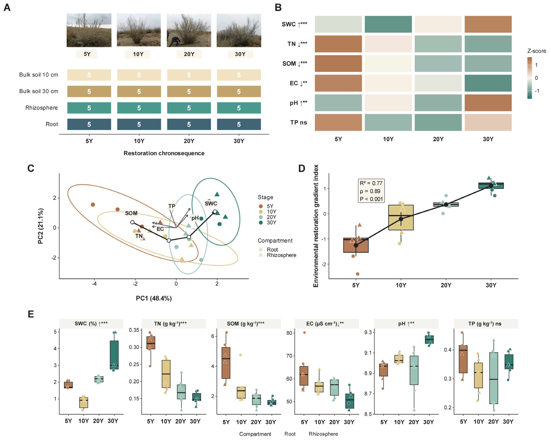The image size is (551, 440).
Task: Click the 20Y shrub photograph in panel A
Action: pos(189,30)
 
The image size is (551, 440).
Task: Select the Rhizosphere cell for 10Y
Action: pos(139,108)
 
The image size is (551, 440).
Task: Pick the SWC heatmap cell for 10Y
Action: pos(388,24)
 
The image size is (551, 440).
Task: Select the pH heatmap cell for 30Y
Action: pos(488,103)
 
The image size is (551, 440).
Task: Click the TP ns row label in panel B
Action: pos(299,123)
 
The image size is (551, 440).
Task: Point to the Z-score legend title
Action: pos(537,51)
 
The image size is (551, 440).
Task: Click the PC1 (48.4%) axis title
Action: pos(154,298)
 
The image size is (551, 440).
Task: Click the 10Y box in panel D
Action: pos(401,218)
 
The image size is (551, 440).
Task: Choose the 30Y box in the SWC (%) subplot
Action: pos(114,355)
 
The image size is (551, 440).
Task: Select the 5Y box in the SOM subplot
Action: pos(226,363)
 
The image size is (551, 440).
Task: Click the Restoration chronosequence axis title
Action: pos(164,153)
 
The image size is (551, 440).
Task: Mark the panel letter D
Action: pos(302,168)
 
